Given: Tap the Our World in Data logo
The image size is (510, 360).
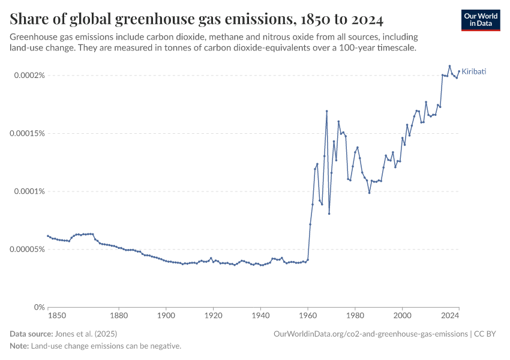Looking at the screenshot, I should (480, 20).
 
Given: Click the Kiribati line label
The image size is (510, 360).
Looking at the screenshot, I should (473, 71).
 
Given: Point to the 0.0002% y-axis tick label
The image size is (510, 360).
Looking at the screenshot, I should (29, 76).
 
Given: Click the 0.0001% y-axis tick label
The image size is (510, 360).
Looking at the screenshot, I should (29, 191).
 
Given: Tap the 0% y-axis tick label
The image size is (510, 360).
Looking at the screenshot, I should (38, 307).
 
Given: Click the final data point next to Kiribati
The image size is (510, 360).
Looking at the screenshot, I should (459, 71).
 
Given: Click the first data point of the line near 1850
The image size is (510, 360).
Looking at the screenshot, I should (48, 236).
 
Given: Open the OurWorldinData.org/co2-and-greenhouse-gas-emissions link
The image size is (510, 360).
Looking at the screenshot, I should (370, 334).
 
